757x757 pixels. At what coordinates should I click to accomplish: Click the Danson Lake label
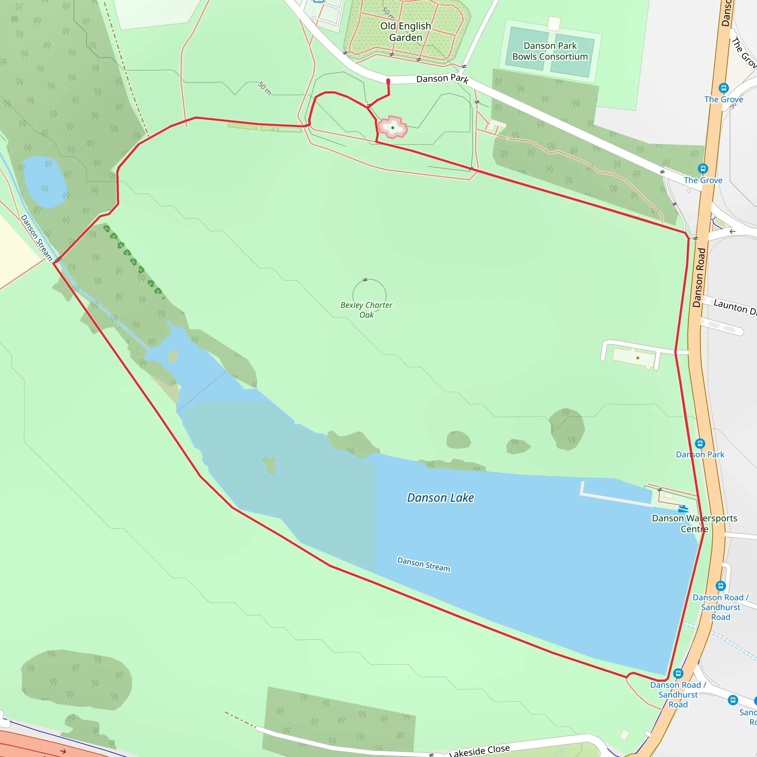tap(440, 498)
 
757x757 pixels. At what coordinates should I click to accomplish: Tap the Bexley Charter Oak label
tap(366, 310)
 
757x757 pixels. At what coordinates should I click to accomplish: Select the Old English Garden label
tap(405, 32)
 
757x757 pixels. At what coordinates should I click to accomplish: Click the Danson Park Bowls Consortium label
tap(550, 51)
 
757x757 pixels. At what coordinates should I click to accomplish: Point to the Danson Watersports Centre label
tap(694, 523)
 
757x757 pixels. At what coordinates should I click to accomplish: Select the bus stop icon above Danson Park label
tap(700, 444)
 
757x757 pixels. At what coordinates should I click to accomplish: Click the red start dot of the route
tap(388, 81)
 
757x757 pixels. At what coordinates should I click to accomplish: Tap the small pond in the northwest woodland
tap(44, 182)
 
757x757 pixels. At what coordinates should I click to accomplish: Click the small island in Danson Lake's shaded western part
tap(270, 465)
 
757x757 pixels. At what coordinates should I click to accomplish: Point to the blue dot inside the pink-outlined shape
tap(393, 128)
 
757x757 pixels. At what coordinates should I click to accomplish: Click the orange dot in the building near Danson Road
tap(638, 358)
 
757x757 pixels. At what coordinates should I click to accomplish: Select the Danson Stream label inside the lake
tap(424, 564)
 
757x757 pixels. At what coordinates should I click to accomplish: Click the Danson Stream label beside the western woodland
tap(36, 237)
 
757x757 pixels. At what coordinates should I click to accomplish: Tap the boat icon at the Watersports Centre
tap(683, 509)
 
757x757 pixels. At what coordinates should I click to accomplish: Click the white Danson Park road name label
tap(442, 79)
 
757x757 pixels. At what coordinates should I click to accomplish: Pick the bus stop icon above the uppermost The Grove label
tap(724, 88)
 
